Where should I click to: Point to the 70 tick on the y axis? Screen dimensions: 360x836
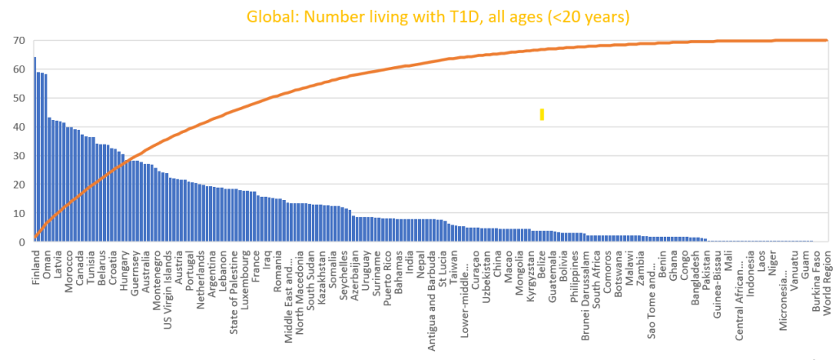tap(17, 41)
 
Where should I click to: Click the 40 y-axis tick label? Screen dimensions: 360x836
tap(17, 127)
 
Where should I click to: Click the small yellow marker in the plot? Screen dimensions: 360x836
tap(541, 114)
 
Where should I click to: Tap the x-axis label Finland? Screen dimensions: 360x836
tap(36, 265)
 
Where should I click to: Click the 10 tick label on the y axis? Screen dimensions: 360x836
tap(17, 214)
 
